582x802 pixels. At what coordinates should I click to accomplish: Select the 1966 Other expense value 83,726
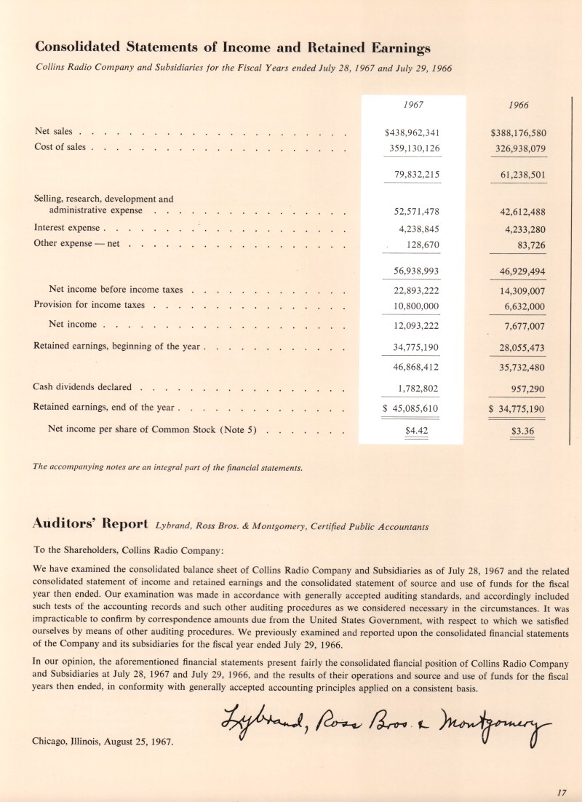point(527,245)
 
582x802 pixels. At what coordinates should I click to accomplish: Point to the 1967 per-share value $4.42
point(415,430)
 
